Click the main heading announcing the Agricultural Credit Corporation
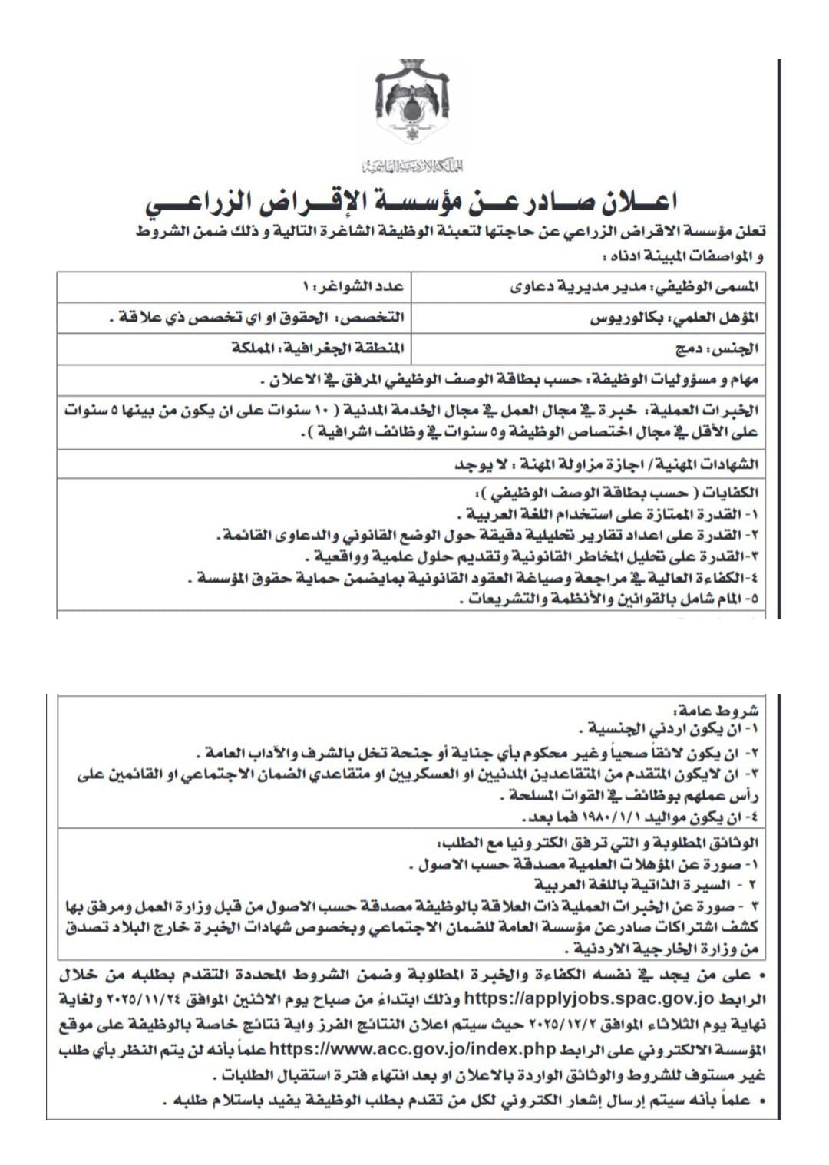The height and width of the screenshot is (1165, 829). [412, 203]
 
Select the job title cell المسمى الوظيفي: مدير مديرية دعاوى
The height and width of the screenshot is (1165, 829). [634, 287]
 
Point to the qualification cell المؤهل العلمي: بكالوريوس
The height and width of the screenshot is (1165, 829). [674, 318]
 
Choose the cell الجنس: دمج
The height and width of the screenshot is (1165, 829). [717, 348]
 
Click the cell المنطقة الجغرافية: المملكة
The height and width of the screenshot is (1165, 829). [318, 348]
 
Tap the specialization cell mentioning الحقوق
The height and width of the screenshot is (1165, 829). [256, 318]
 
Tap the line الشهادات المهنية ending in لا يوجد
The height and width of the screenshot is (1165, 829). [606, 464]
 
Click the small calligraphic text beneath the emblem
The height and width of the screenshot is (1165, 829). [412, 165]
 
